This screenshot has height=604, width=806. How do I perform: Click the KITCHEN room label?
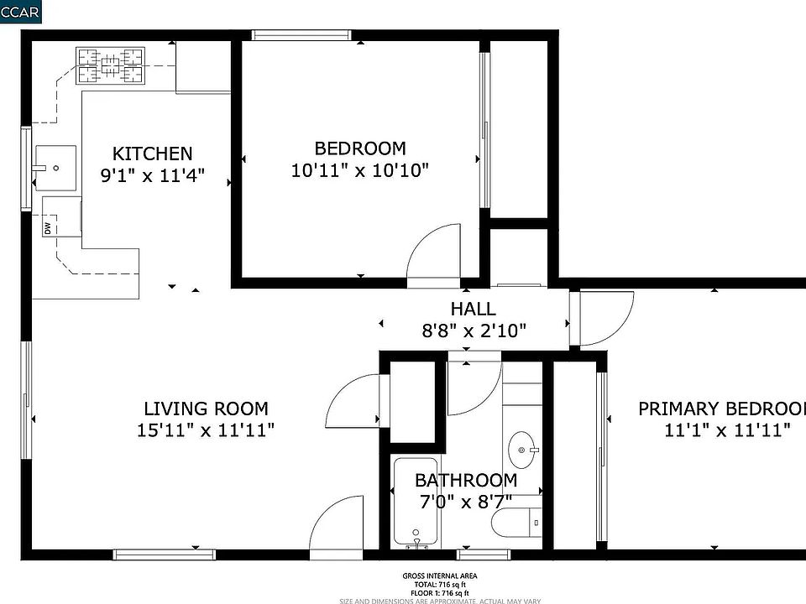click(x=152, y=154)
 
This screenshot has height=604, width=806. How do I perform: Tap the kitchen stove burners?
click(x=112, y=66)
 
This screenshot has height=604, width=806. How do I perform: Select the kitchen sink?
click(x=55, y=168)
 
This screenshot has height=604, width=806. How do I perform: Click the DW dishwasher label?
click(x=48, y=227)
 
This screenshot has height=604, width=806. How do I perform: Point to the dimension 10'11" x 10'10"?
click(x=360, y=170)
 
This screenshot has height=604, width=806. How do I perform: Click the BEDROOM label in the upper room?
click(x=360, y=148)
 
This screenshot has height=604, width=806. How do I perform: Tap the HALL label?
click(x=473, y=309)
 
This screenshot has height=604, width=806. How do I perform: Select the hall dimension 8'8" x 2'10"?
click(x=473, y=330)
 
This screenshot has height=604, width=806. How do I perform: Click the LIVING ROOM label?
click(x=206, y=409)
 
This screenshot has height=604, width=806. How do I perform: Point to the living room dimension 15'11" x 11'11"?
click(x=206, y=430)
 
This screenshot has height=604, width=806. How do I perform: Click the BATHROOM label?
click(x=466, y=481)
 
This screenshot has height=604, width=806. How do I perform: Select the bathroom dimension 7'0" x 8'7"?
click(x=466, y=502)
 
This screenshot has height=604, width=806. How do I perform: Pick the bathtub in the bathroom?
click(x=416, y=503)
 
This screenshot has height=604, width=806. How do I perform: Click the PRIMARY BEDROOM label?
click(x=721, y=409)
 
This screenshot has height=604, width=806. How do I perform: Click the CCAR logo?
click(x=19, y=11)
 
